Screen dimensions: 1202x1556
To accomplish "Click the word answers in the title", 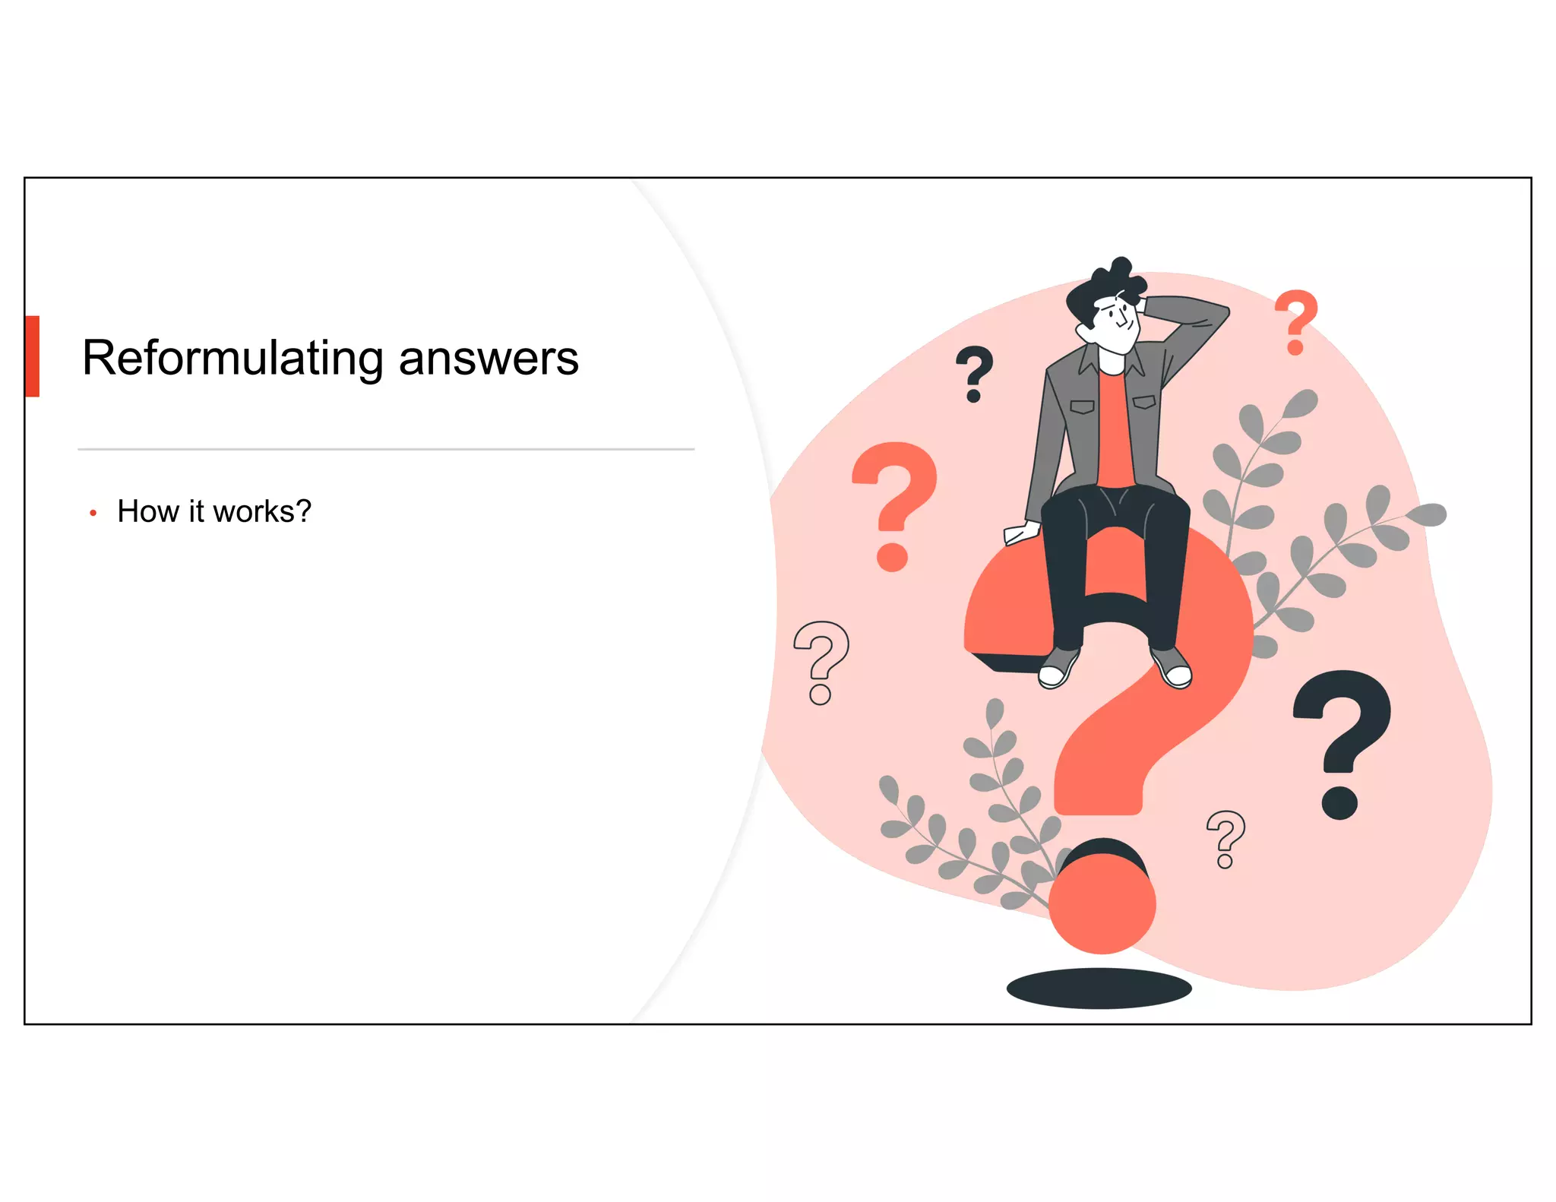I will click(x=488, y=358).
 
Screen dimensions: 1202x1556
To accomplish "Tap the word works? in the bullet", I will click(x=262, y=511).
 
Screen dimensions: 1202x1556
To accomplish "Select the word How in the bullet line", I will click(x=148, y=511).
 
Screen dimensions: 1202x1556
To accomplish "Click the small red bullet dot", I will click(x=93, y=514).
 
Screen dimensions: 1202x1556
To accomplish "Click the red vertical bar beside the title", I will click(x=32, y=356).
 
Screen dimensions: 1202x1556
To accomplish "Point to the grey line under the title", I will click(x=386, y=449).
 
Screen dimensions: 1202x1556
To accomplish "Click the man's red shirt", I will click(x=1115, y=433).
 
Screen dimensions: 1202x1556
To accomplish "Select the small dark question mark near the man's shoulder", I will click(x=974, y=373).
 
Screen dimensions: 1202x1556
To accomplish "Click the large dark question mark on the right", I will click(x=1343, y=741).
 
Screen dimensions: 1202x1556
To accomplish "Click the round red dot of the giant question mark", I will click(x=1102, y=904).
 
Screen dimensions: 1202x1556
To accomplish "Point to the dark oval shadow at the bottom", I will click(x=1099, y=988).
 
